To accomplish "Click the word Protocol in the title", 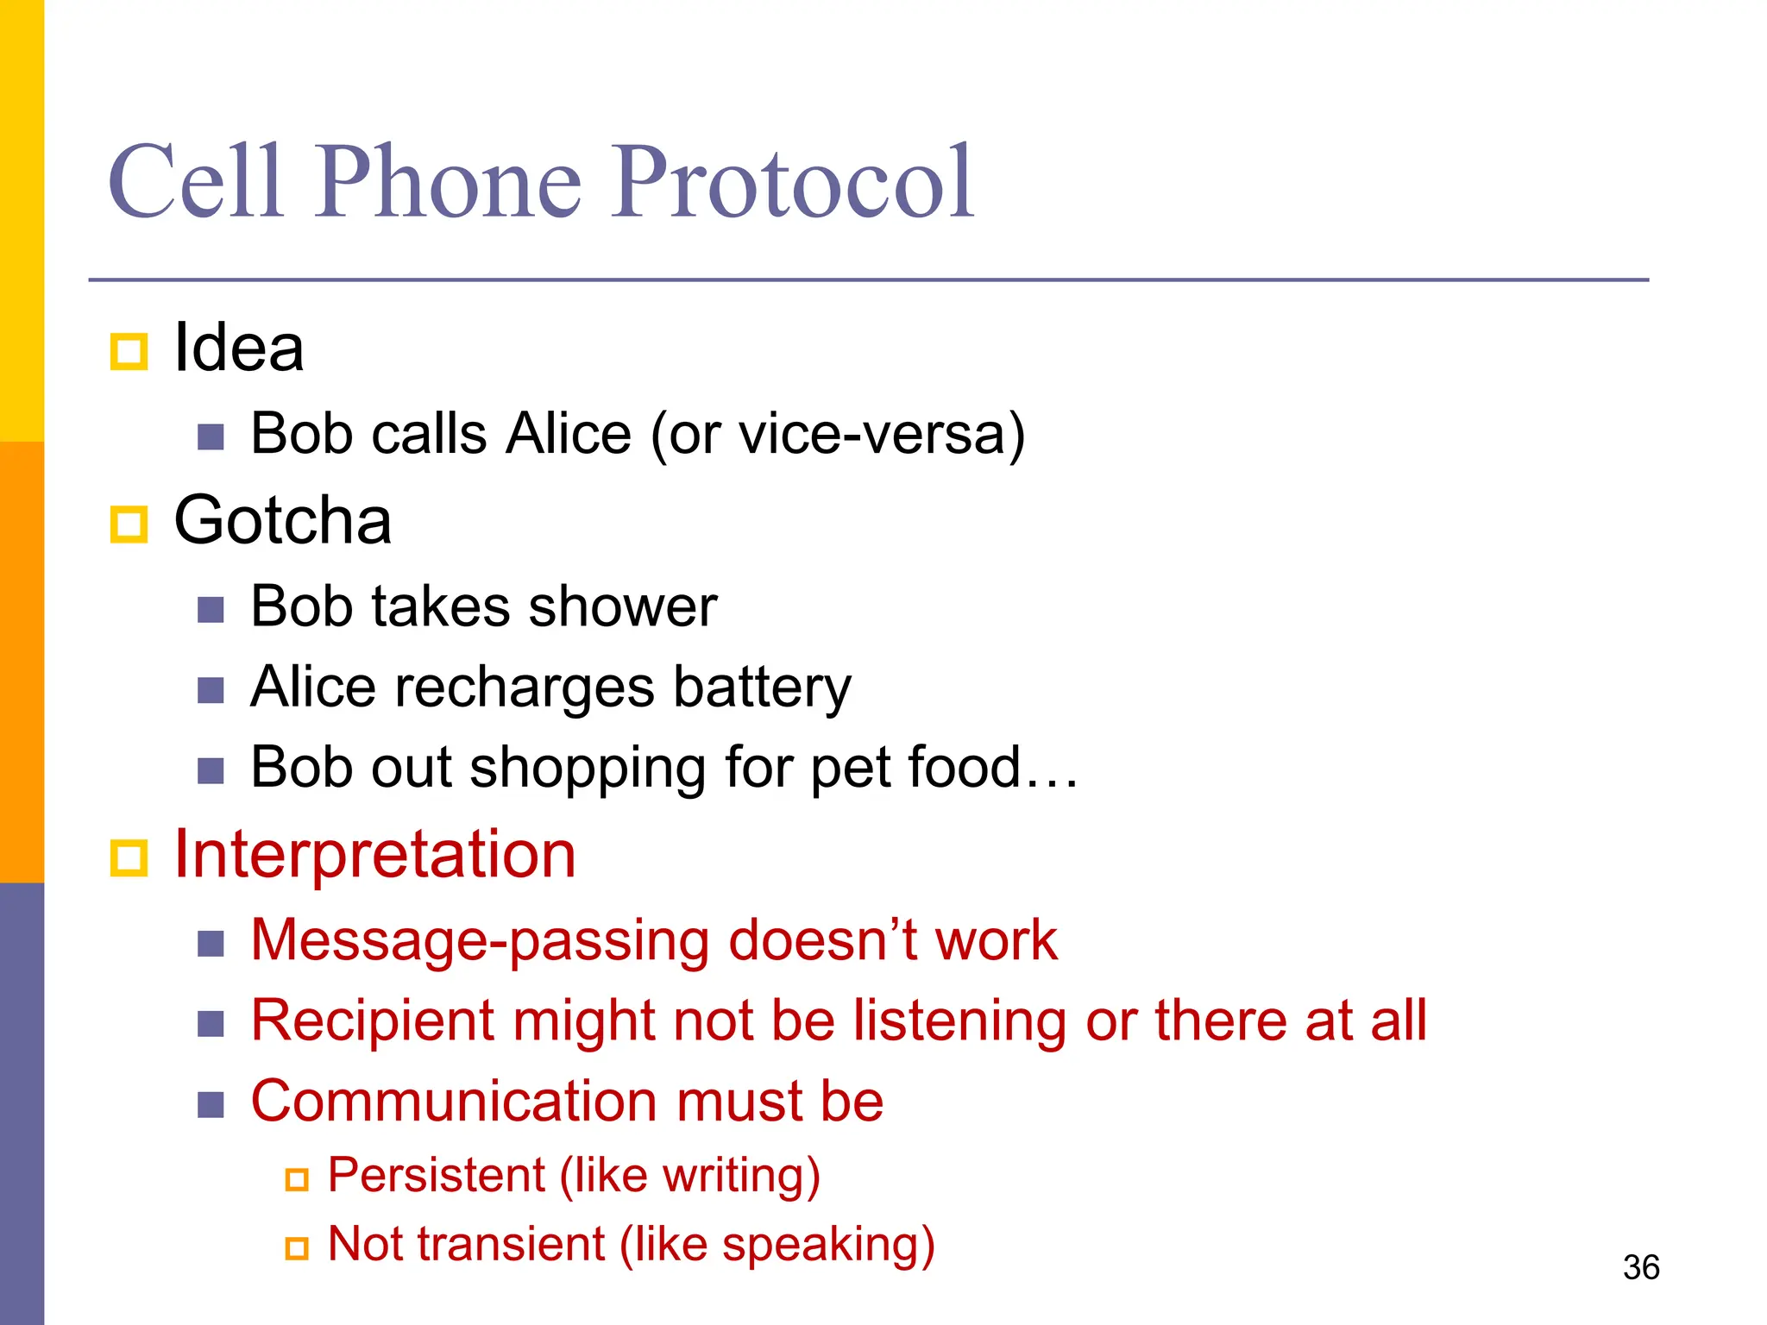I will coord(794,183).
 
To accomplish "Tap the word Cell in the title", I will coord(196,183).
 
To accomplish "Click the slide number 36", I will coord(1640,1267).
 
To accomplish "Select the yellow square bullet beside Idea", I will coord(129,352).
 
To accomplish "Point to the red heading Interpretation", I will coord(374,854).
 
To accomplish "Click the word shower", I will coord(623,606).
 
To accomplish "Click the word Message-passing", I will coord(480,940).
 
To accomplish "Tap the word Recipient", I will coord(372,1021).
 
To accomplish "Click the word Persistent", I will coord(436,1175).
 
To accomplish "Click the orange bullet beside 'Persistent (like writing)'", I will coord(297,1179).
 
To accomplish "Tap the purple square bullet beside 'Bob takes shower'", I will coord(211,610).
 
